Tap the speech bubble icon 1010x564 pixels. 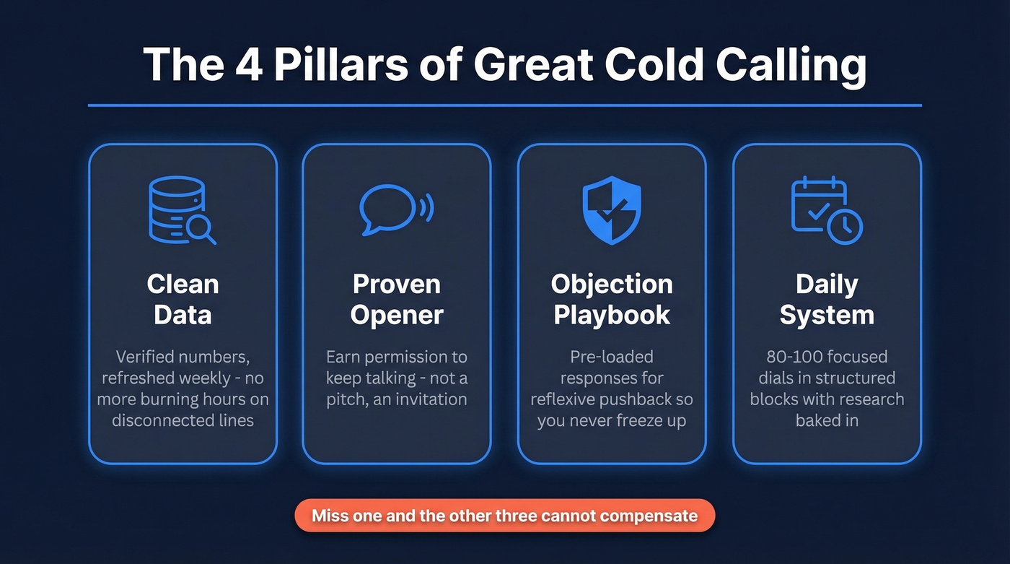(396, 208)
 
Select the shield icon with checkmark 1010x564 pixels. (611, 209)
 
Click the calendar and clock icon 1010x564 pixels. (827, 209)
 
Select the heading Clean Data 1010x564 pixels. (183, 299)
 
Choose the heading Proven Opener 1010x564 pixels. (397, 299)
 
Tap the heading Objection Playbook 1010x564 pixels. (612, 299)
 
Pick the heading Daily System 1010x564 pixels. (827, 299)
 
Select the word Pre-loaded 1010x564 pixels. (612, 357)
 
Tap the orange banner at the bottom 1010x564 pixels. (504, 516)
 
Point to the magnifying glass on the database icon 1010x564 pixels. (198, 228)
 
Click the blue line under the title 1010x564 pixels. (504, 105)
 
